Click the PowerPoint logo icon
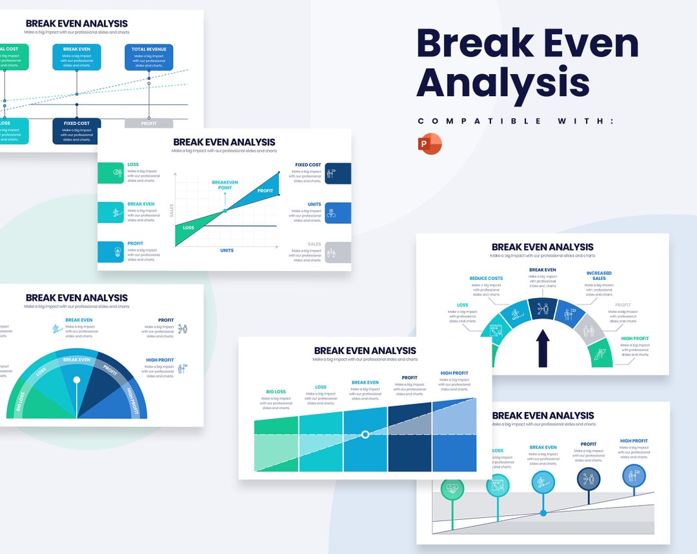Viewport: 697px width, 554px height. (430, 144)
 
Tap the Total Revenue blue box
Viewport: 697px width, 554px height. (149, 57)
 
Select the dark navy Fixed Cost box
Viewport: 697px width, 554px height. (77, 131)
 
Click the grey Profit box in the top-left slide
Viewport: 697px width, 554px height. (149, 123)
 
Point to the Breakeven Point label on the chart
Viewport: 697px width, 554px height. (225, 185)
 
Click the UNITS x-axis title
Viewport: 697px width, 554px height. (227, 250)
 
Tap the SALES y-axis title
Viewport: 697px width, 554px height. (172, 210)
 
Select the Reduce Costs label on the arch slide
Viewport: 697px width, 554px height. (486, 279)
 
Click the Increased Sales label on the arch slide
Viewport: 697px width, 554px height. (599, 275)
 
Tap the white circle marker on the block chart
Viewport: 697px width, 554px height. (365, 435)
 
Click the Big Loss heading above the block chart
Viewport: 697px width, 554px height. (276, 391)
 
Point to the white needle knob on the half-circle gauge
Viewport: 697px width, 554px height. (77, 380)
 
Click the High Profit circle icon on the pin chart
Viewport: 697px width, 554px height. (634, 476)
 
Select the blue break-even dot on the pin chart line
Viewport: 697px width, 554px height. (543, 513)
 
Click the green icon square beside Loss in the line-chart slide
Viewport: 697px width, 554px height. (110, 173)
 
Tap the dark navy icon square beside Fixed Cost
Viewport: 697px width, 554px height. (338, 173)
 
